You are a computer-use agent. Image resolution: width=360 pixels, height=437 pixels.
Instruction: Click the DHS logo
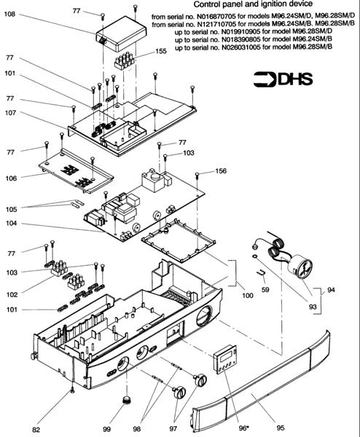(283, 79)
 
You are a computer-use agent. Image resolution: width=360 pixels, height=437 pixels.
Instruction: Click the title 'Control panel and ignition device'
(253, 4)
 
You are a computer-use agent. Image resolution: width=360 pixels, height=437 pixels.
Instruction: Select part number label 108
(9, 14)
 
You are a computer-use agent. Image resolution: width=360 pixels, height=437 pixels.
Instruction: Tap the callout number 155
(161, 51)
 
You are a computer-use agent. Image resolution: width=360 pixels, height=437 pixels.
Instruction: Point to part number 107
(11, 113)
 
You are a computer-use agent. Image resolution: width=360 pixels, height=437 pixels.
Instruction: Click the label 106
(11, 178)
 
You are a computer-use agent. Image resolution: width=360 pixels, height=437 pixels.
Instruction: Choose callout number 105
(11, 209)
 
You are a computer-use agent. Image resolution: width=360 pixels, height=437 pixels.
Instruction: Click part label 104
(11, 224)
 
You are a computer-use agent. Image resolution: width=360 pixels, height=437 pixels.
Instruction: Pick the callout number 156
(221, 171)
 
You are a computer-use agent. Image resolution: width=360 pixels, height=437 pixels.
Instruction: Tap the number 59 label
(265, 290)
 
